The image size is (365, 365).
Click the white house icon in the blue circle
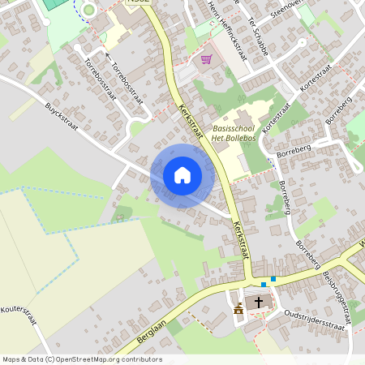[182, 174]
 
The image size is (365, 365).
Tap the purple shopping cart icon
[206, 59]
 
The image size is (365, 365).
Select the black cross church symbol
[259, 303]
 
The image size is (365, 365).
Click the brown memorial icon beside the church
[238, 309]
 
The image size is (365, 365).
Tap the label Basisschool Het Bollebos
[234, 134]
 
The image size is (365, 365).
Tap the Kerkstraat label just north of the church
[241, 241]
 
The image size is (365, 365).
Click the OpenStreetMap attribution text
[82, 359]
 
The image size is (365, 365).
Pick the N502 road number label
[139, 2]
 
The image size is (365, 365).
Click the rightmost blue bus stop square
[273, 279]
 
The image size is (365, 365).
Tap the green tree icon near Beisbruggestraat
[354, 303]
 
